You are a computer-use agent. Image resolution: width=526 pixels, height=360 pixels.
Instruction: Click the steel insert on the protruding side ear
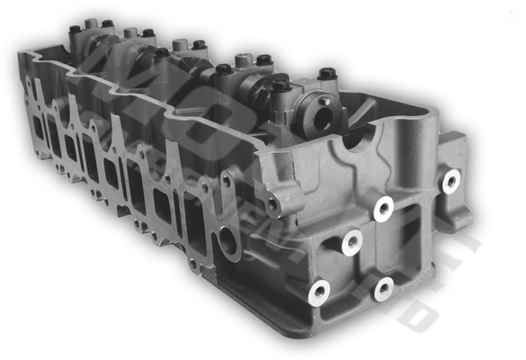[450, 180]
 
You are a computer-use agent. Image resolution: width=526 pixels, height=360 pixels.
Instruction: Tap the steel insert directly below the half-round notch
[384, 209]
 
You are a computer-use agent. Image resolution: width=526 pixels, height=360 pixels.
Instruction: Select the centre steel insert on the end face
[351, 241]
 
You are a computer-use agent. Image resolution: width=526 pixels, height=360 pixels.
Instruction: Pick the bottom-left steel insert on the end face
[318, 292]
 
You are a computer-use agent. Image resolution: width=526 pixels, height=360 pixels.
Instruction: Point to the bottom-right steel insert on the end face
[384, 289]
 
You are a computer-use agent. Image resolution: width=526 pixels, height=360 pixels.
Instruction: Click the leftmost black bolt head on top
[75, 29]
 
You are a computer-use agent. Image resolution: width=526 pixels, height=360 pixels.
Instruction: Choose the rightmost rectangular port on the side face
[192, 213]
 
